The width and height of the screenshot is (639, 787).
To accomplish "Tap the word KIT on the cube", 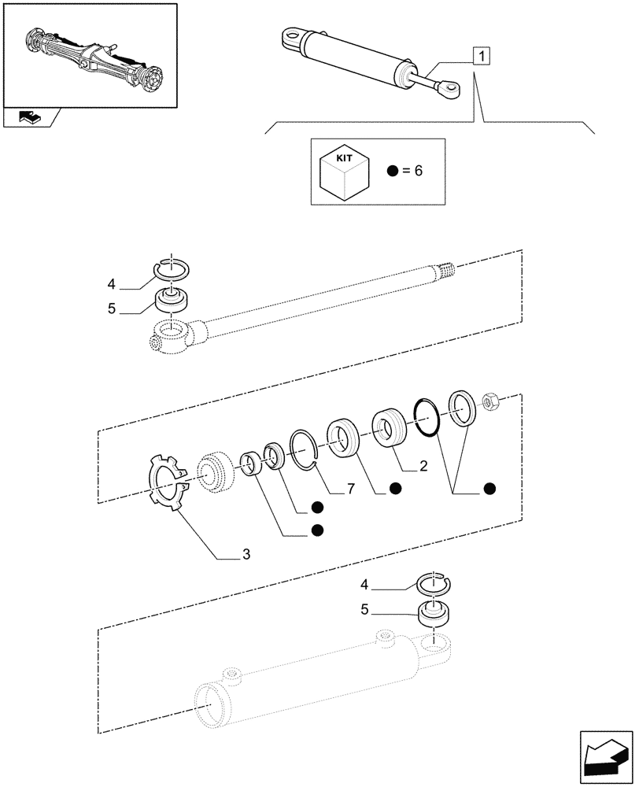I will point(344,158).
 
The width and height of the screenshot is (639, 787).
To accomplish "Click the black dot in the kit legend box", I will point(392,172).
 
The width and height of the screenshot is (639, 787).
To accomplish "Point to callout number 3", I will point(246,556).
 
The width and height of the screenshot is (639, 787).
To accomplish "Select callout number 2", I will point(423,467).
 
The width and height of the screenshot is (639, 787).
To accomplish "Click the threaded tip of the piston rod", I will point(446,272).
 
